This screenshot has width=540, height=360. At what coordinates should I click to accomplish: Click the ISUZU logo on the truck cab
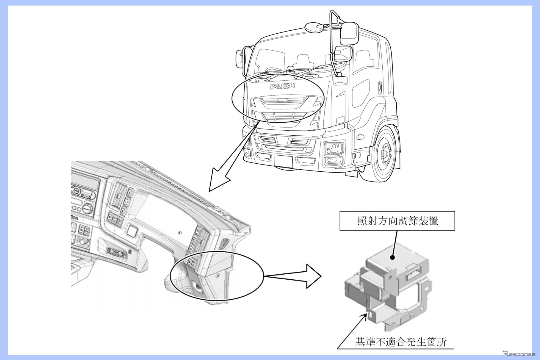tap(282, 86)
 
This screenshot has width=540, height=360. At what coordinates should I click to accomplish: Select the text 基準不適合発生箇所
tap(401, 342)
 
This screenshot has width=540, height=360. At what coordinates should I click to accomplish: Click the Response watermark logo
tap(519, 353)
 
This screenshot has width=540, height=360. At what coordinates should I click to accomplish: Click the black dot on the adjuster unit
tap(393, 258)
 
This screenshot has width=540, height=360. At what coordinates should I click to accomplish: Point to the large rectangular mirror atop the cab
tap(349, 33)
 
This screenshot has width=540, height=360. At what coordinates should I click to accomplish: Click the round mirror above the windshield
tap(314, 27)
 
